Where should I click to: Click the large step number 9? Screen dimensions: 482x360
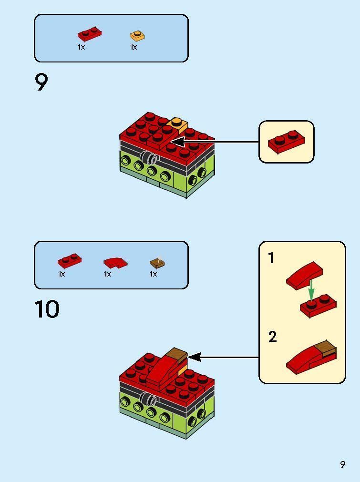pos(41,82)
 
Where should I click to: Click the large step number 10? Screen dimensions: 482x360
pos(47,309)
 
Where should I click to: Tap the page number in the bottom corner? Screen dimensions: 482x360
pos(342,464)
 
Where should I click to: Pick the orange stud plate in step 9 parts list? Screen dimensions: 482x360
pos(137,36)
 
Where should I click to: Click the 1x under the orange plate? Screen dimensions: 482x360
pos(134,47)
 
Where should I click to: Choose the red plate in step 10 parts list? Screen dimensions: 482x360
pos(70,261)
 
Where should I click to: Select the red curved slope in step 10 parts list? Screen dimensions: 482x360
pos(115,262)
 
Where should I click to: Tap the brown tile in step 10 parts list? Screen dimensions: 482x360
pos(157,262)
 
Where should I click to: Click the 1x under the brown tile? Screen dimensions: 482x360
pos(153,274)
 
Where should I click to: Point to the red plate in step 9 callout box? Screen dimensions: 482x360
pos(286,142)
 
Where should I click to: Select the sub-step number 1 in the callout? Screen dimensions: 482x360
pos(271,258)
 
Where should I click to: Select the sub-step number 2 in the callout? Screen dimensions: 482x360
pos(272,337)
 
